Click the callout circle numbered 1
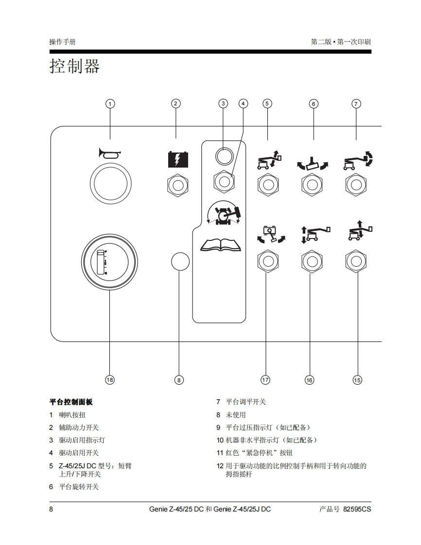[110, 103]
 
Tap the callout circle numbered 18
[110, 380]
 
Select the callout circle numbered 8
[179, 380]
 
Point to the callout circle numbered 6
[314, 103]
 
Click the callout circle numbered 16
[309, 380]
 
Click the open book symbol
[221, 244]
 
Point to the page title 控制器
[74, 66]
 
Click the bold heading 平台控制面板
[71, 402]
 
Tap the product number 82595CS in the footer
[357, 509]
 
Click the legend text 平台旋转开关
[79, 487]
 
